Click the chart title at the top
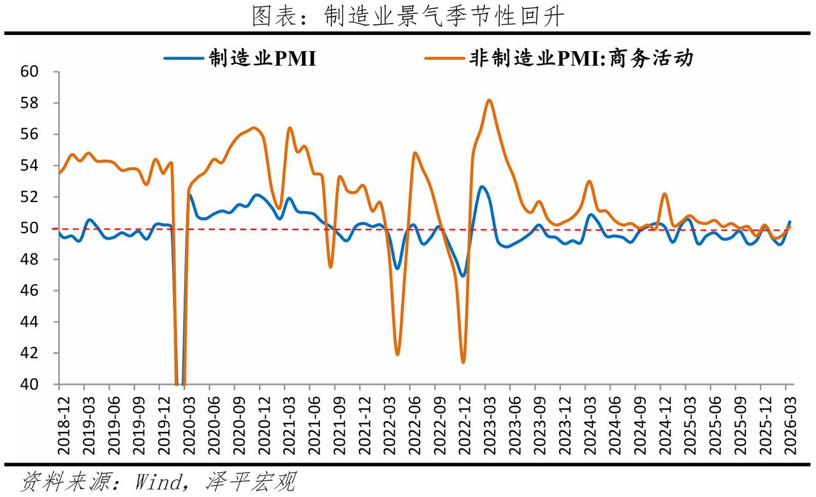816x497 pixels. (x=408, y=17)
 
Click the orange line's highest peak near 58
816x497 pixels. (x=489, y=100)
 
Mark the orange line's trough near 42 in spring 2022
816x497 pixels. (x=397, y=354)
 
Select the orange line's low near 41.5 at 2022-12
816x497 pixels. (x=463, y=363)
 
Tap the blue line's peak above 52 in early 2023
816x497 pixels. (x=482, y=187)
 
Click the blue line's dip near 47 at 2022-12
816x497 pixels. (x=463, y=276)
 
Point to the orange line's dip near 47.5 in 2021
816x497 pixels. (x=330, y=267)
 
